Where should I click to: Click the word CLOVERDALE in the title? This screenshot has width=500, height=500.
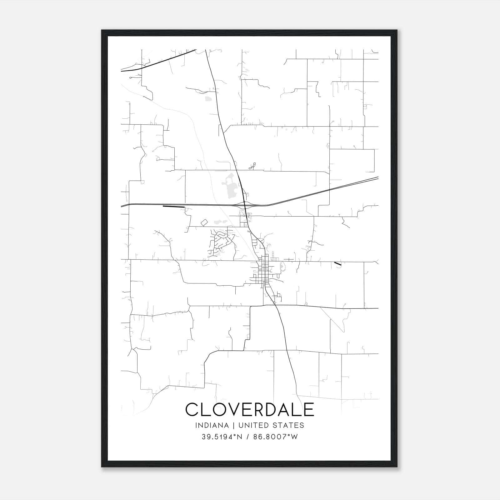coord(250,409)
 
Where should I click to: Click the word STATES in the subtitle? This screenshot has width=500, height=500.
coord(289,425)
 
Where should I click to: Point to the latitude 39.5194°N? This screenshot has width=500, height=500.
coord(222,437)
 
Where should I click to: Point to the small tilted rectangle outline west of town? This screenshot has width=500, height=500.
coord(204,222)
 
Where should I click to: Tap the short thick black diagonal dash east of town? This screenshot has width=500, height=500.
coord(337,264)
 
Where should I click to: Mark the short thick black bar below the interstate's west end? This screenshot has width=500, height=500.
coord(173,207)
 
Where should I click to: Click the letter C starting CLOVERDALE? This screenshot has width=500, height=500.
coord(192,409)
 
